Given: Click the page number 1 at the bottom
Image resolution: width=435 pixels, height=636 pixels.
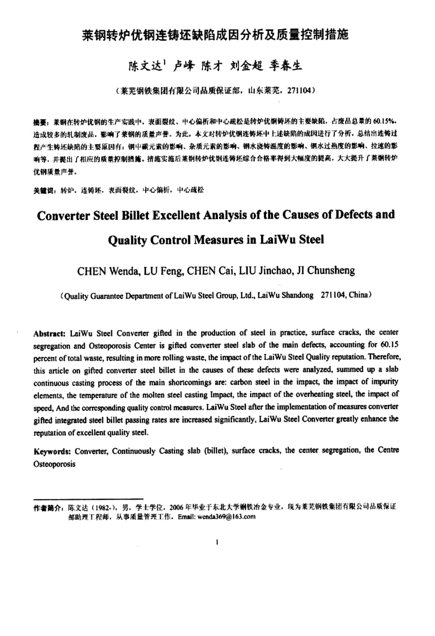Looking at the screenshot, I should [217, 542].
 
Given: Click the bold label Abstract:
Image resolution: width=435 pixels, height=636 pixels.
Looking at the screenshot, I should [51, 333].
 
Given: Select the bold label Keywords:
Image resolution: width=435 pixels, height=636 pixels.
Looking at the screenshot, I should [52, 451].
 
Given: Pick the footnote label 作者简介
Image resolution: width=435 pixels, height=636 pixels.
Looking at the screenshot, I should [47, 507].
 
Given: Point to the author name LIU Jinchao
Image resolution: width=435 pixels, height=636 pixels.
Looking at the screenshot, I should [261, 271].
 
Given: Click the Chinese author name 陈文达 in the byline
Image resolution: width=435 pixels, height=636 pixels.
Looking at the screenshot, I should [146, 66].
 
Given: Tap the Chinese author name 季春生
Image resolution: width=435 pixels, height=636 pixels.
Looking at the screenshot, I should [286, 66].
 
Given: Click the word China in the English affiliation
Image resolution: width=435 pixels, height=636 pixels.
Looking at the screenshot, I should [358, 295].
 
